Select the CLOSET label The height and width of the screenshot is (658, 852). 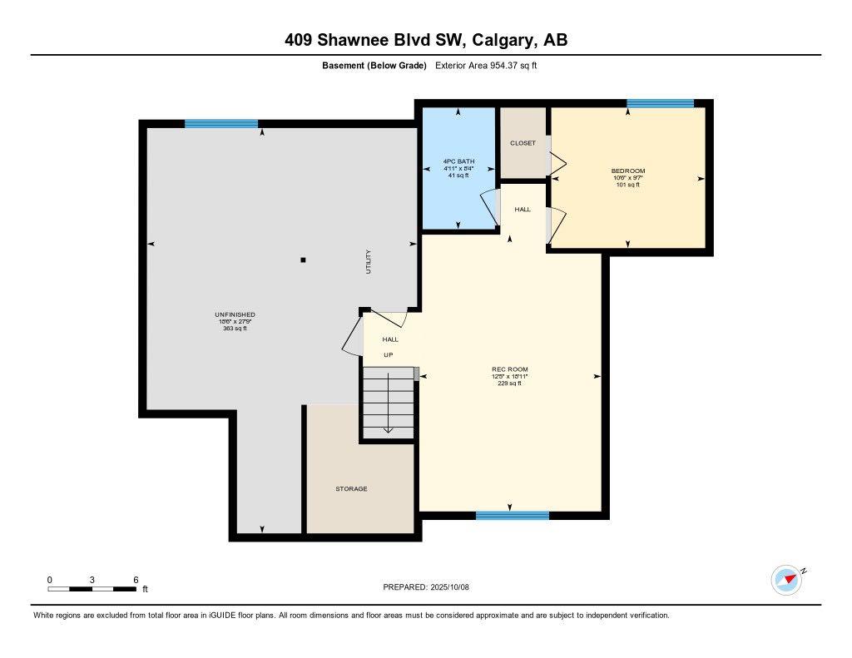523,143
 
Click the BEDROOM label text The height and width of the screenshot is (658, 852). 627,171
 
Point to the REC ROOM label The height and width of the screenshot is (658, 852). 509,369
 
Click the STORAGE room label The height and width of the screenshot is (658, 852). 351,489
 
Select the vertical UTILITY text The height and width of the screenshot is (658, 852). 369,262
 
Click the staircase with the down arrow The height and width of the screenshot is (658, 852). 388,403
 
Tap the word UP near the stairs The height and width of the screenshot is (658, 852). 388,355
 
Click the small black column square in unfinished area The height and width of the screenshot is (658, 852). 303,260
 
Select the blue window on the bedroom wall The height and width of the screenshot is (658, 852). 660,103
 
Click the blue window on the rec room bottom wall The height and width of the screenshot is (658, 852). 512,516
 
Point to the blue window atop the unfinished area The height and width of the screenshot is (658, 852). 220,124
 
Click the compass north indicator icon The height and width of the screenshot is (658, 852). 786,580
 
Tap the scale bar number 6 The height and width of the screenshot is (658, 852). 136,579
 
